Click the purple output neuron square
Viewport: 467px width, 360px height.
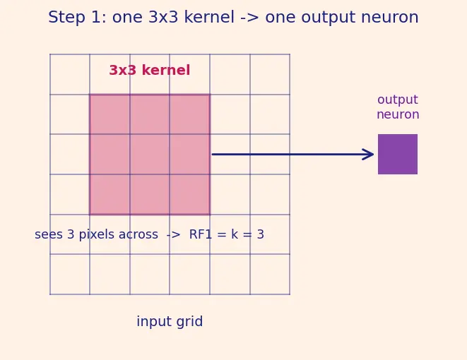click(398, 154)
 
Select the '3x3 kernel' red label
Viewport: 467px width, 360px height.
click(150, 71)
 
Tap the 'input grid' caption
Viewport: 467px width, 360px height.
click(170, 322)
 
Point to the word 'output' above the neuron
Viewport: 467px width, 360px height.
click(398, 100)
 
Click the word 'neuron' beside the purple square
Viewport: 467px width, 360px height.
click(398, 114)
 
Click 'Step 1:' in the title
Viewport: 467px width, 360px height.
click(77, 17)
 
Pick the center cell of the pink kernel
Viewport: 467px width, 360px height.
click(150, 154)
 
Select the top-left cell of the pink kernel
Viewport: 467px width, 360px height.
click(110, 114)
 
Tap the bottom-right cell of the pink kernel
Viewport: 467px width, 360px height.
click(190, 194)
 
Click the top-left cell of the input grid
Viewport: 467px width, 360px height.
click(70, 74)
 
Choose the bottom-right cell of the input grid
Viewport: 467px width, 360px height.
click(270, 275)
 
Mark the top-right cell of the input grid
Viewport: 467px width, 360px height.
click(270, 74)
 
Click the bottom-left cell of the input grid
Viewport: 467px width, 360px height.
click(70, 275)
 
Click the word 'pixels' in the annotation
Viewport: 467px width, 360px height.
click(97, 235)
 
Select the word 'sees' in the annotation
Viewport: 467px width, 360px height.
click(49, 235)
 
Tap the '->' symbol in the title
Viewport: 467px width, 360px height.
click(249, 18)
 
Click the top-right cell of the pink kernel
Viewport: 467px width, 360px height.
click(190, 114)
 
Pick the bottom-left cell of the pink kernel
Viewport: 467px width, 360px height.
click(110, 194)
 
